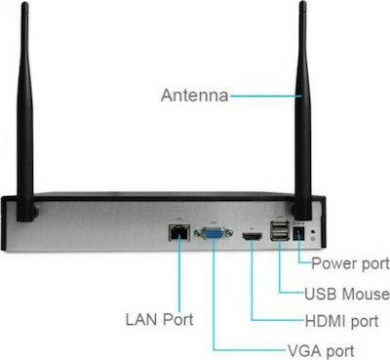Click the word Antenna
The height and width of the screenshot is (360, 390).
[194, 96]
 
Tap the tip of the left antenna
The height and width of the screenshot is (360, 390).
[23, 3]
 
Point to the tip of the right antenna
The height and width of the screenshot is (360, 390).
[303, 3]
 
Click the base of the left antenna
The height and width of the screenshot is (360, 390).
[26, 211]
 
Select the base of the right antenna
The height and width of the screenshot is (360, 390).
[302, 210]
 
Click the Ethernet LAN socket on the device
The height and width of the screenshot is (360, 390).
[179, 232]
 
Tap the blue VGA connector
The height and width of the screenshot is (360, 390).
[214, 233]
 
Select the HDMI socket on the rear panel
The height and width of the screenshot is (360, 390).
[252, 237]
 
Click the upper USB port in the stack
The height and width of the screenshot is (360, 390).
[280, 225]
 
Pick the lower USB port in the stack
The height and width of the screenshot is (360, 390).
[280, 235]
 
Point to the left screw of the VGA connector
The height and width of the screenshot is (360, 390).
[198, 233]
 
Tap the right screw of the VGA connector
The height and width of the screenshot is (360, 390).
[229, 233]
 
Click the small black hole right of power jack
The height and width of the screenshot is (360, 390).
[313, 232]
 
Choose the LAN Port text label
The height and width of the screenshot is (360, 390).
[159, 319]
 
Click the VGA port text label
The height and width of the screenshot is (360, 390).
[321, 351]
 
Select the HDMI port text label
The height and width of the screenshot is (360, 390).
[341, 321]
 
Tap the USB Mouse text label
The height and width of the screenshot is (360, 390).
[347, 294]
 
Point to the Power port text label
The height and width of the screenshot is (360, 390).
[350, 263]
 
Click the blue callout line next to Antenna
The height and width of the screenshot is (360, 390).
[266, 96]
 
